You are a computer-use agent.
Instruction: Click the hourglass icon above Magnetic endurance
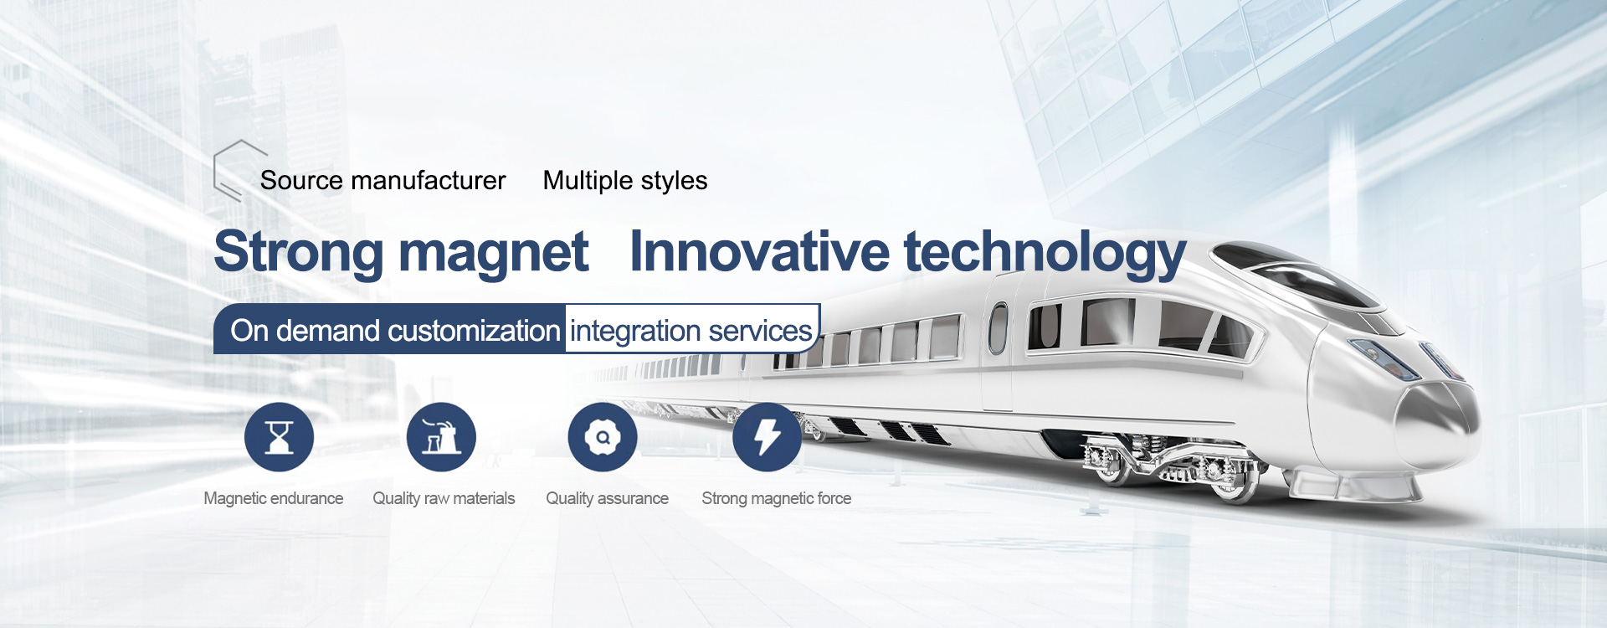279,437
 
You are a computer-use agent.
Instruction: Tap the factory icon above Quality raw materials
441,437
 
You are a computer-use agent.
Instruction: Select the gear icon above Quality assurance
603,437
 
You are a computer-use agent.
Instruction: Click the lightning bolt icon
767,437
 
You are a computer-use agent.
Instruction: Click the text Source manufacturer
383,180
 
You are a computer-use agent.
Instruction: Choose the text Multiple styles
625,181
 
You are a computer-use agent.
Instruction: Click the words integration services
691,332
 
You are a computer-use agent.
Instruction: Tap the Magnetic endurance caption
274,498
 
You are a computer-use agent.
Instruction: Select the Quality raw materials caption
444,498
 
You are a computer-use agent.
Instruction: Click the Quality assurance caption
608,498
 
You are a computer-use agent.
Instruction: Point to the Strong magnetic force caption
777,498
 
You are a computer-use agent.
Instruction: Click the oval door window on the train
998,328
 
